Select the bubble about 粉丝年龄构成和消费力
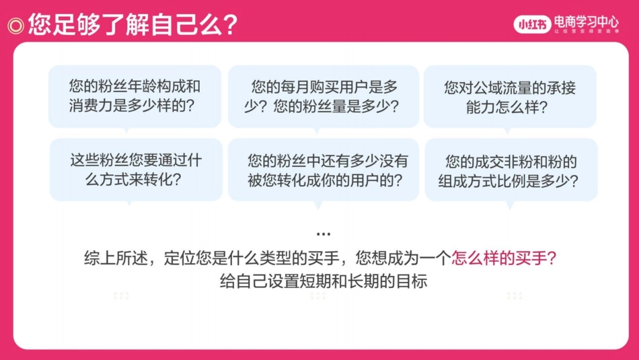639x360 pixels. pos(135,96)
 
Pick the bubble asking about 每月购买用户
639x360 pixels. pos(324,96)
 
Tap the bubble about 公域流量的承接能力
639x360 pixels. pos(510,97)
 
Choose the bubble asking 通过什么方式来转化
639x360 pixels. pos(135,170)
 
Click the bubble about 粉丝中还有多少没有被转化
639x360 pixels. pos(324,170)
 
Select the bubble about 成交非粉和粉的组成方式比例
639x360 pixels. pos(511,171)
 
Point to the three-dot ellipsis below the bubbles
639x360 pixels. pos(323,234)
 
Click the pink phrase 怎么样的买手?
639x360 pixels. pos(504,258)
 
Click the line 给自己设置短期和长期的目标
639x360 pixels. pos(323,281)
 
